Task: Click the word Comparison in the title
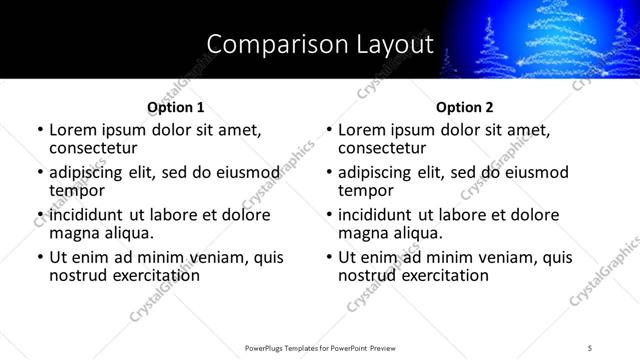point(267,44)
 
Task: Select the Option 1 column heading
point(175,107)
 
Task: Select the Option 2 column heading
point(465,107)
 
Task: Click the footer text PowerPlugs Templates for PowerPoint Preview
point(319,347)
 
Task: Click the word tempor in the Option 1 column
point(77,190)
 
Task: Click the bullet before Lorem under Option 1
point(40,130)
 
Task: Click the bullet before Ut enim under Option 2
point(330,257)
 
